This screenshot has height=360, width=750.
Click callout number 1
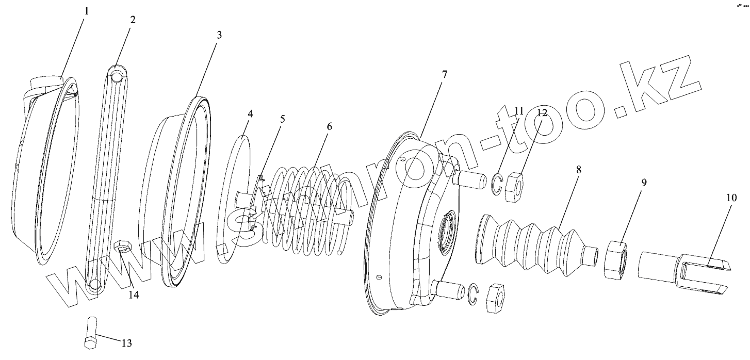pyautogui.click(x=86, y=11)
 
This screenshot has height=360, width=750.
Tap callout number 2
pyautogui.click(x=133, y=20)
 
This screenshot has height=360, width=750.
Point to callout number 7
pyautogui.click(x=444, y=74)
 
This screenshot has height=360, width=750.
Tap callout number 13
pyautogui.click(x=126, y=343)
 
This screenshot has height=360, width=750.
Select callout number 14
pyautogui.click(x=134, y=295)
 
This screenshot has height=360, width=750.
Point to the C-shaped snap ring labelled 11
pyautogui.click(x=497, y=185)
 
